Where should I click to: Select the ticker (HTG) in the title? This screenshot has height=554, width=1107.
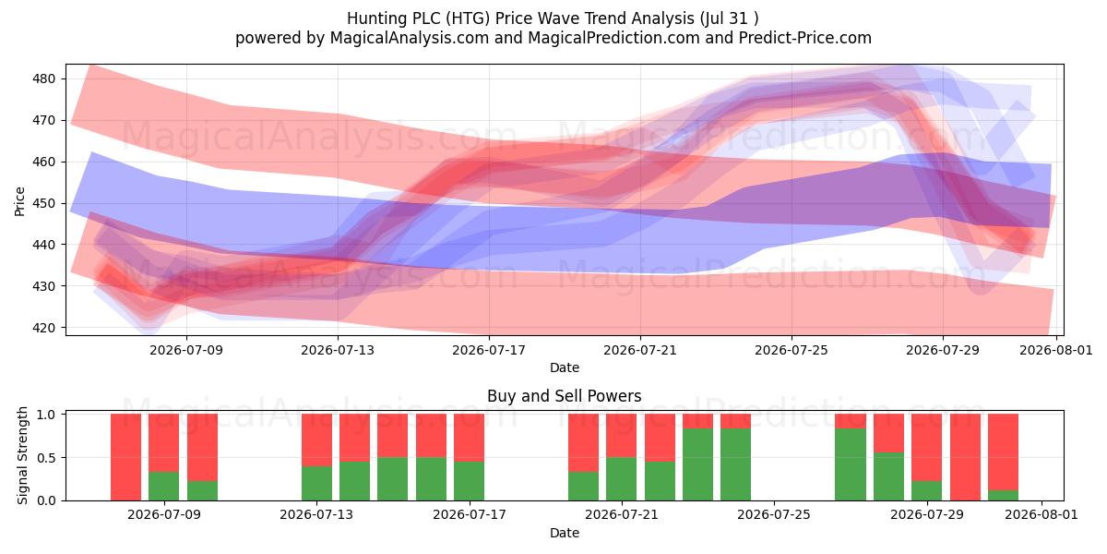(x=468, y=18)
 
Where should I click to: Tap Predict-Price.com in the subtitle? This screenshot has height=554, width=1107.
(x=805, y=38)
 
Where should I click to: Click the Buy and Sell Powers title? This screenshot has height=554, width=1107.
(x=564, y=396)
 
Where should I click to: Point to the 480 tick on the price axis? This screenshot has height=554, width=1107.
(x=44, y=78)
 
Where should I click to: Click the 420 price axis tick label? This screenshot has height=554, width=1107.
(x=44, y=328)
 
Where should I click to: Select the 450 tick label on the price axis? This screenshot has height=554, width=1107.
(x=44, y=203)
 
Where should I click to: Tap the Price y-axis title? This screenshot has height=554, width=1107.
(x=19, y=201)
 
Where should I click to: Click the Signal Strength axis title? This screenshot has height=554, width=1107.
(x=22, y=455)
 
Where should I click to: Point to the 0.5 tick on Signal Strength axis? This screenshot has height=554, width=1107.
(x=46, y=458)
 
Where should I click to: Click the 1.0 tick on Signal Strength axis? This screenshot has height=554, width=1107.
(x=46, y=414)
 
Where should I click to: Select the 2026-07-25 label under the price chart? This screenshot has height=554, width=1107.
(x=792, y=350)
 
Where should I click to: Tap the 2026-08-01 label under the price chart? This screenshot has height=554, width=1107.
(x=1056, y=350)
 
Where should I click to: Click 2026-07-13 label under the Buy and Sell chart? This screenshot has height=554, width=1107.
(x=316, y=515)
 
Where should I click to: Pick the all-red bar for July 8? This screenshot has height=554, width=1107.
(x=126, y=457)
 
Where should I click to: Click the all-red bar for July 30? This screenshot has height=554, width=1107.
(x=965, y=457)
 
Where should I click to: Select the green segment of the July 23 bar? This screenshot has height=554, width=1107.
(x=697, y=464)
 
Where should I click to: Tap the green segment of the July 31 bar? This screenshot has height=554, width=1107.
(x=1004, y=496)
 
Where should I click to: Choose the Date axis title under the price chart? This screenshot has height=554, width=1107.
(x=565, y=367)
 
